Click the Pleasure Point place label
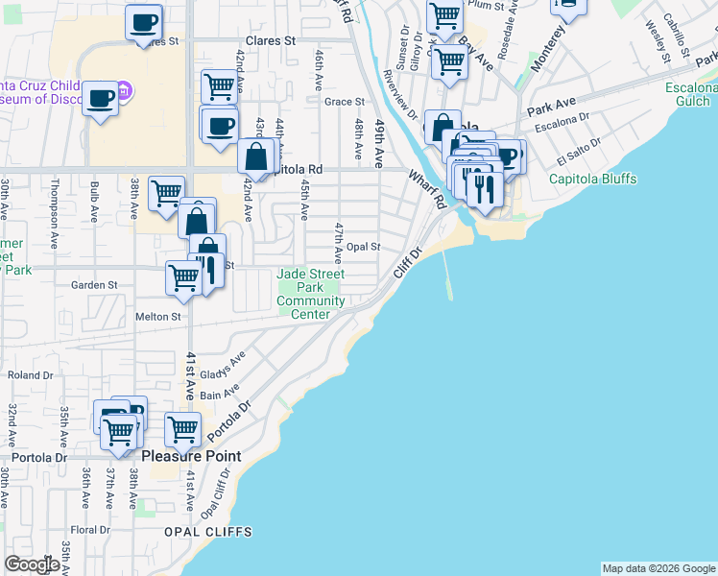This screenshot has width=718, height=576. [x=192, y=456]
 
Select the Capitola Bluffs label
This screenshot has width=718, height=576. [x=592, y=179]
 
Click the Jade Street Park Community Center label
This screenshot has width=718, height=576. [x=310, y=294]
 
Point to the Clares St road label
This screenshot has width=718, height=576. [x=270, y=41]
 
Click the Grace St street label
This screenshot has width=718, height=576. [x=345, y=101]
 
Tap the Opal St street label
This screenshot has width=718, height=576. [x=364, y=247]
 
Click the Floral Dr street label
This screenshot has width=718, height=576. [x=91, y=529]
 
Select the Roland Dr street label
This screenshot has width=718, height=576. [x=22, y=375]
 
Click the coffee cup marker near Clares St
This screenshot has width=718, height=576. [x=144, y=22]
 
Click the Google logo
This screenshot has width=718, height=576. [x=32, y=564]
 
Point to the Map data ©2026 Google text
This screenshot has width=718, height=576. [x=658, y=567]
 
